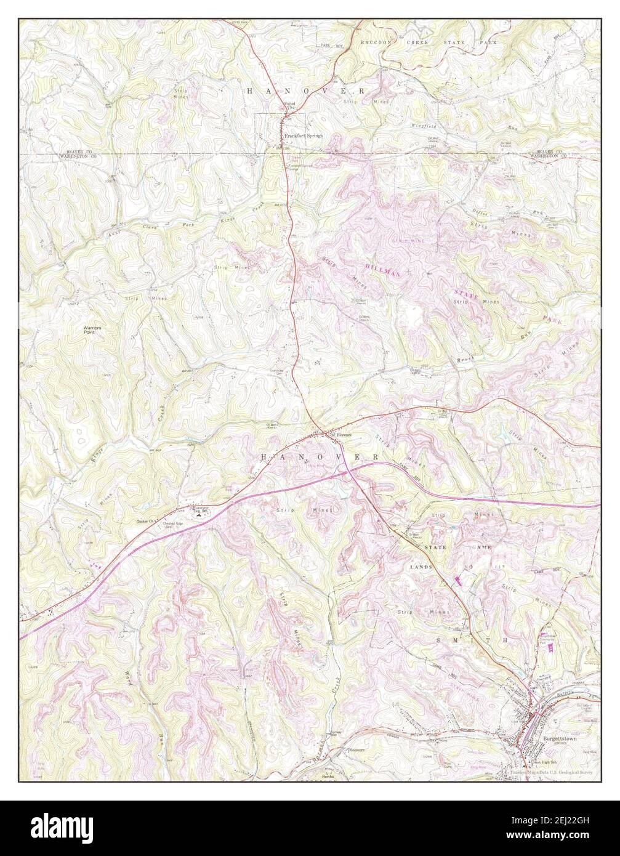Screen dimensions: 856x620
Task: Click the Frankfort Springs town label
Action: click(x=303, y=136)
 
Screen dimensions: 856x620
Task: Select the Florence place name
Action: click(x=343, y=435)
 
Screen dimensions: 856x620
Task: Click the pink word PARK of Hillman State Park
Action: click(x=550, y=320)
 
